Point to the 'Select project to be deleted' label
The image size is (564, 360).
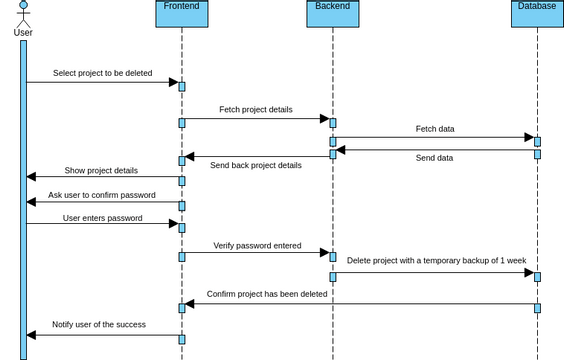(103, 73)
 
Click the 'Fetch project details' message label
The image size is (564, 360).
(256, 109)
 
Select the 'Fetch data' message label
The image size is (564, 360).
(434, 129)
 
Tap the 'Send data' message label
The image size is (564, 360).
(434, 158)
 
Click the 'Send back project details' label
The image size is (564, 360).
(255, 165)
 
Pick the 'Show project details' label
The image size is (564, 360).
(101, 170)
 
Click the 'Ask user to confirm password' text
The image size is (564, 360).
(102, 195)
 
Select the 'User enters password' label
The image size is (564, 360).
(102, 217)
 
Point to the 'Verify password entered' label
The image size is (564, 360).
(257, 245)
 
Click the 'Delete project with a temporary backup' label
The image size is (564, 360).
(436, 260)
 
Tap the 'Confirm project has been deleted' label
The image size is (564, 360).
(267, 294)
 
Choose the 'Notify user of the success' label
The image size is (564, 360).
(99, 324)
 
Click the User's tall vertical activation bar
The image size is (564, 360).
(23, 200)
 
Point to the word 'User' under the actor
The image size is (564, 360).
(23, 32)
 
